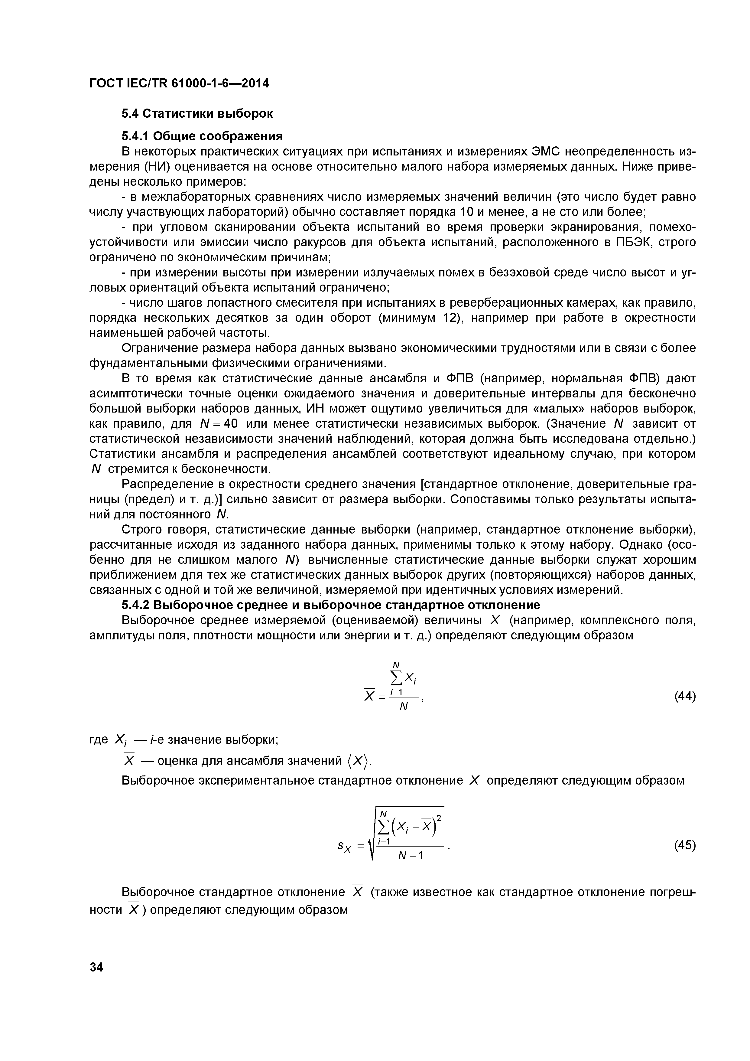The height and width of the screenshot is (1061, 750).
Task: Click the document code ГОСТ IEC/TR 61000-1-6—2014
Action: [179, 83]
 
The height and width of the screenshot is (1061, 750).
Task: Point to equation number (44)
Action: [685, 697]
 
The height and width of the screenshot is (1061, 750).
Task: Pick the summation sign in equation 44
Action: [396, 678]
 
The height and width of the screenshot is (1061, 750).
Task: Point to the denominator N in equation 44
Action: [404, 707]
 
